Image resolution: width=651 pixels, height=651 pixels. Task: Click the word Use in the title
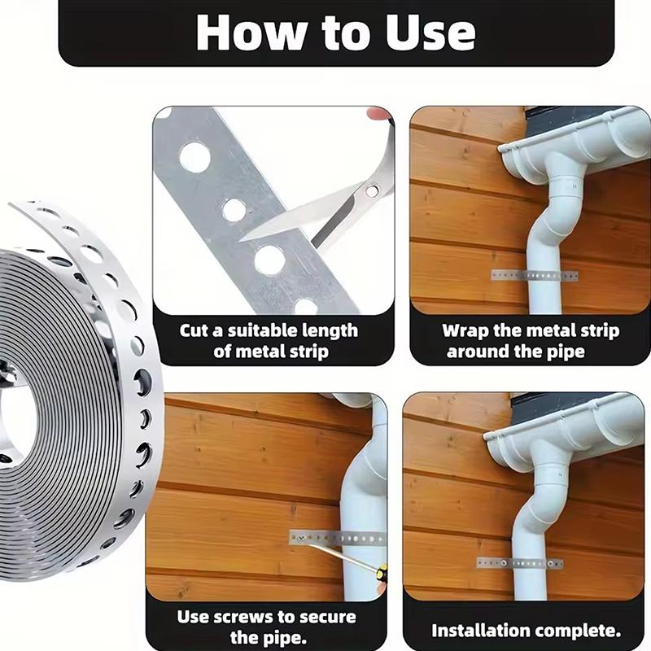pyautogui.click(x=430, y=33)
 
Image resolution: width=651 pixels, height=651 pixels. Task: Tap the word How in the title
pyautogui.click(x=253, y=33)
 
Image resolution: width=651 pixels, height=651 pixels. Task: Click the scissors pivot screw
pyautogui.click(x=371, y=191)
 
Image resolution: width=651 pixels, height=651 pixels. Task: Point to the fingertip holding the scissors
pyautogui.click(x=379, y=113)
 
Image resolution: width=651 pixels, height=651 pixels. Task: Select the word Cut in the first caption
pyautogui.click(x=194, y=331)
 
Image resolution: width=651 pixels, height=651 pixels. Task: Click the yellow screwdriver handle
pyautogui.click(x=382, y=572)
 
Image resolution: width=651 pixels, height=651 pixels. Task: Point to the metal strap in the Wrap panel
pyautogui.click(x=535, y=275)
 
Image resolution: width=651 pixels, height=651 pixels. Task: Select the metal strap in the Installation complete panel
pyautogui.click(x=520, y=563)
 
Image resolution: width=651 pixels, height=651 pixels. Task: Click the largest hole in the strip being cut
pyautogui.click(x=194, y=158)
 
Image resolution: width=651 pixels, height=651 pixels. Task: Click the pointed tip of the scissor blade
pyautogui.click(x=241, y=240)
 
